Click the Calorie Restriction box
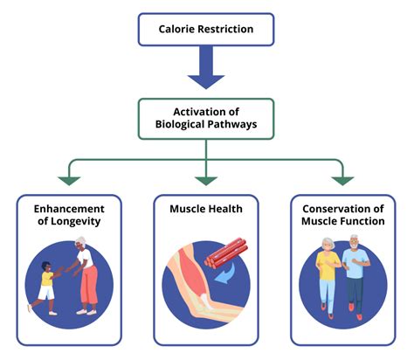click(206, 29)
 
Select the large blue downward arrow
click(206, 71)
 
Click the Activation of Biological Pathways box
click(206, 119)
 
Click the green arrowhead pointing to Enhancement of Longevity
click(69, 180)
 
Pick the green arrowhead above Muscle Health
click(206, 180)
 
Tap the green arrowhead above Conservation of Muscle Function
click(343, 180)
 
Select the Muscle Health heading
click(206, 210)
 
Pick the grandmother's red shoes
click(86, 310)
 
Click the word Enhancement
click(69, 210)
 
